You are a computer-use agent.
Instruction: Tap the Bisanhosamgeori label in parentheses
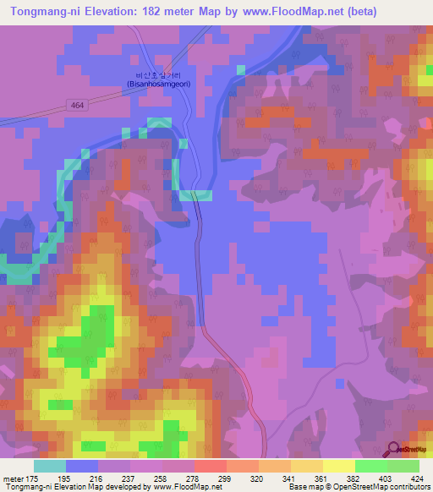(x=158, y=84)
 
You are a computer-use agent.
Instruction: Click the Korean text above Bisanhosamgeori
(x=158, y=74)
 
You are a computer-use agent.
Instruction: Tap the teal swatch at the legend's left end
(x=50, y=466)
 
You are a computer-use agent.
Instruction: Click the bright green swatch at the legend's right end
(x=403, y=466)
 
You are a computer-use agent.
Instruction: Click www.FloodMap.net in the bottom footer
(x=184, y=488)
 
